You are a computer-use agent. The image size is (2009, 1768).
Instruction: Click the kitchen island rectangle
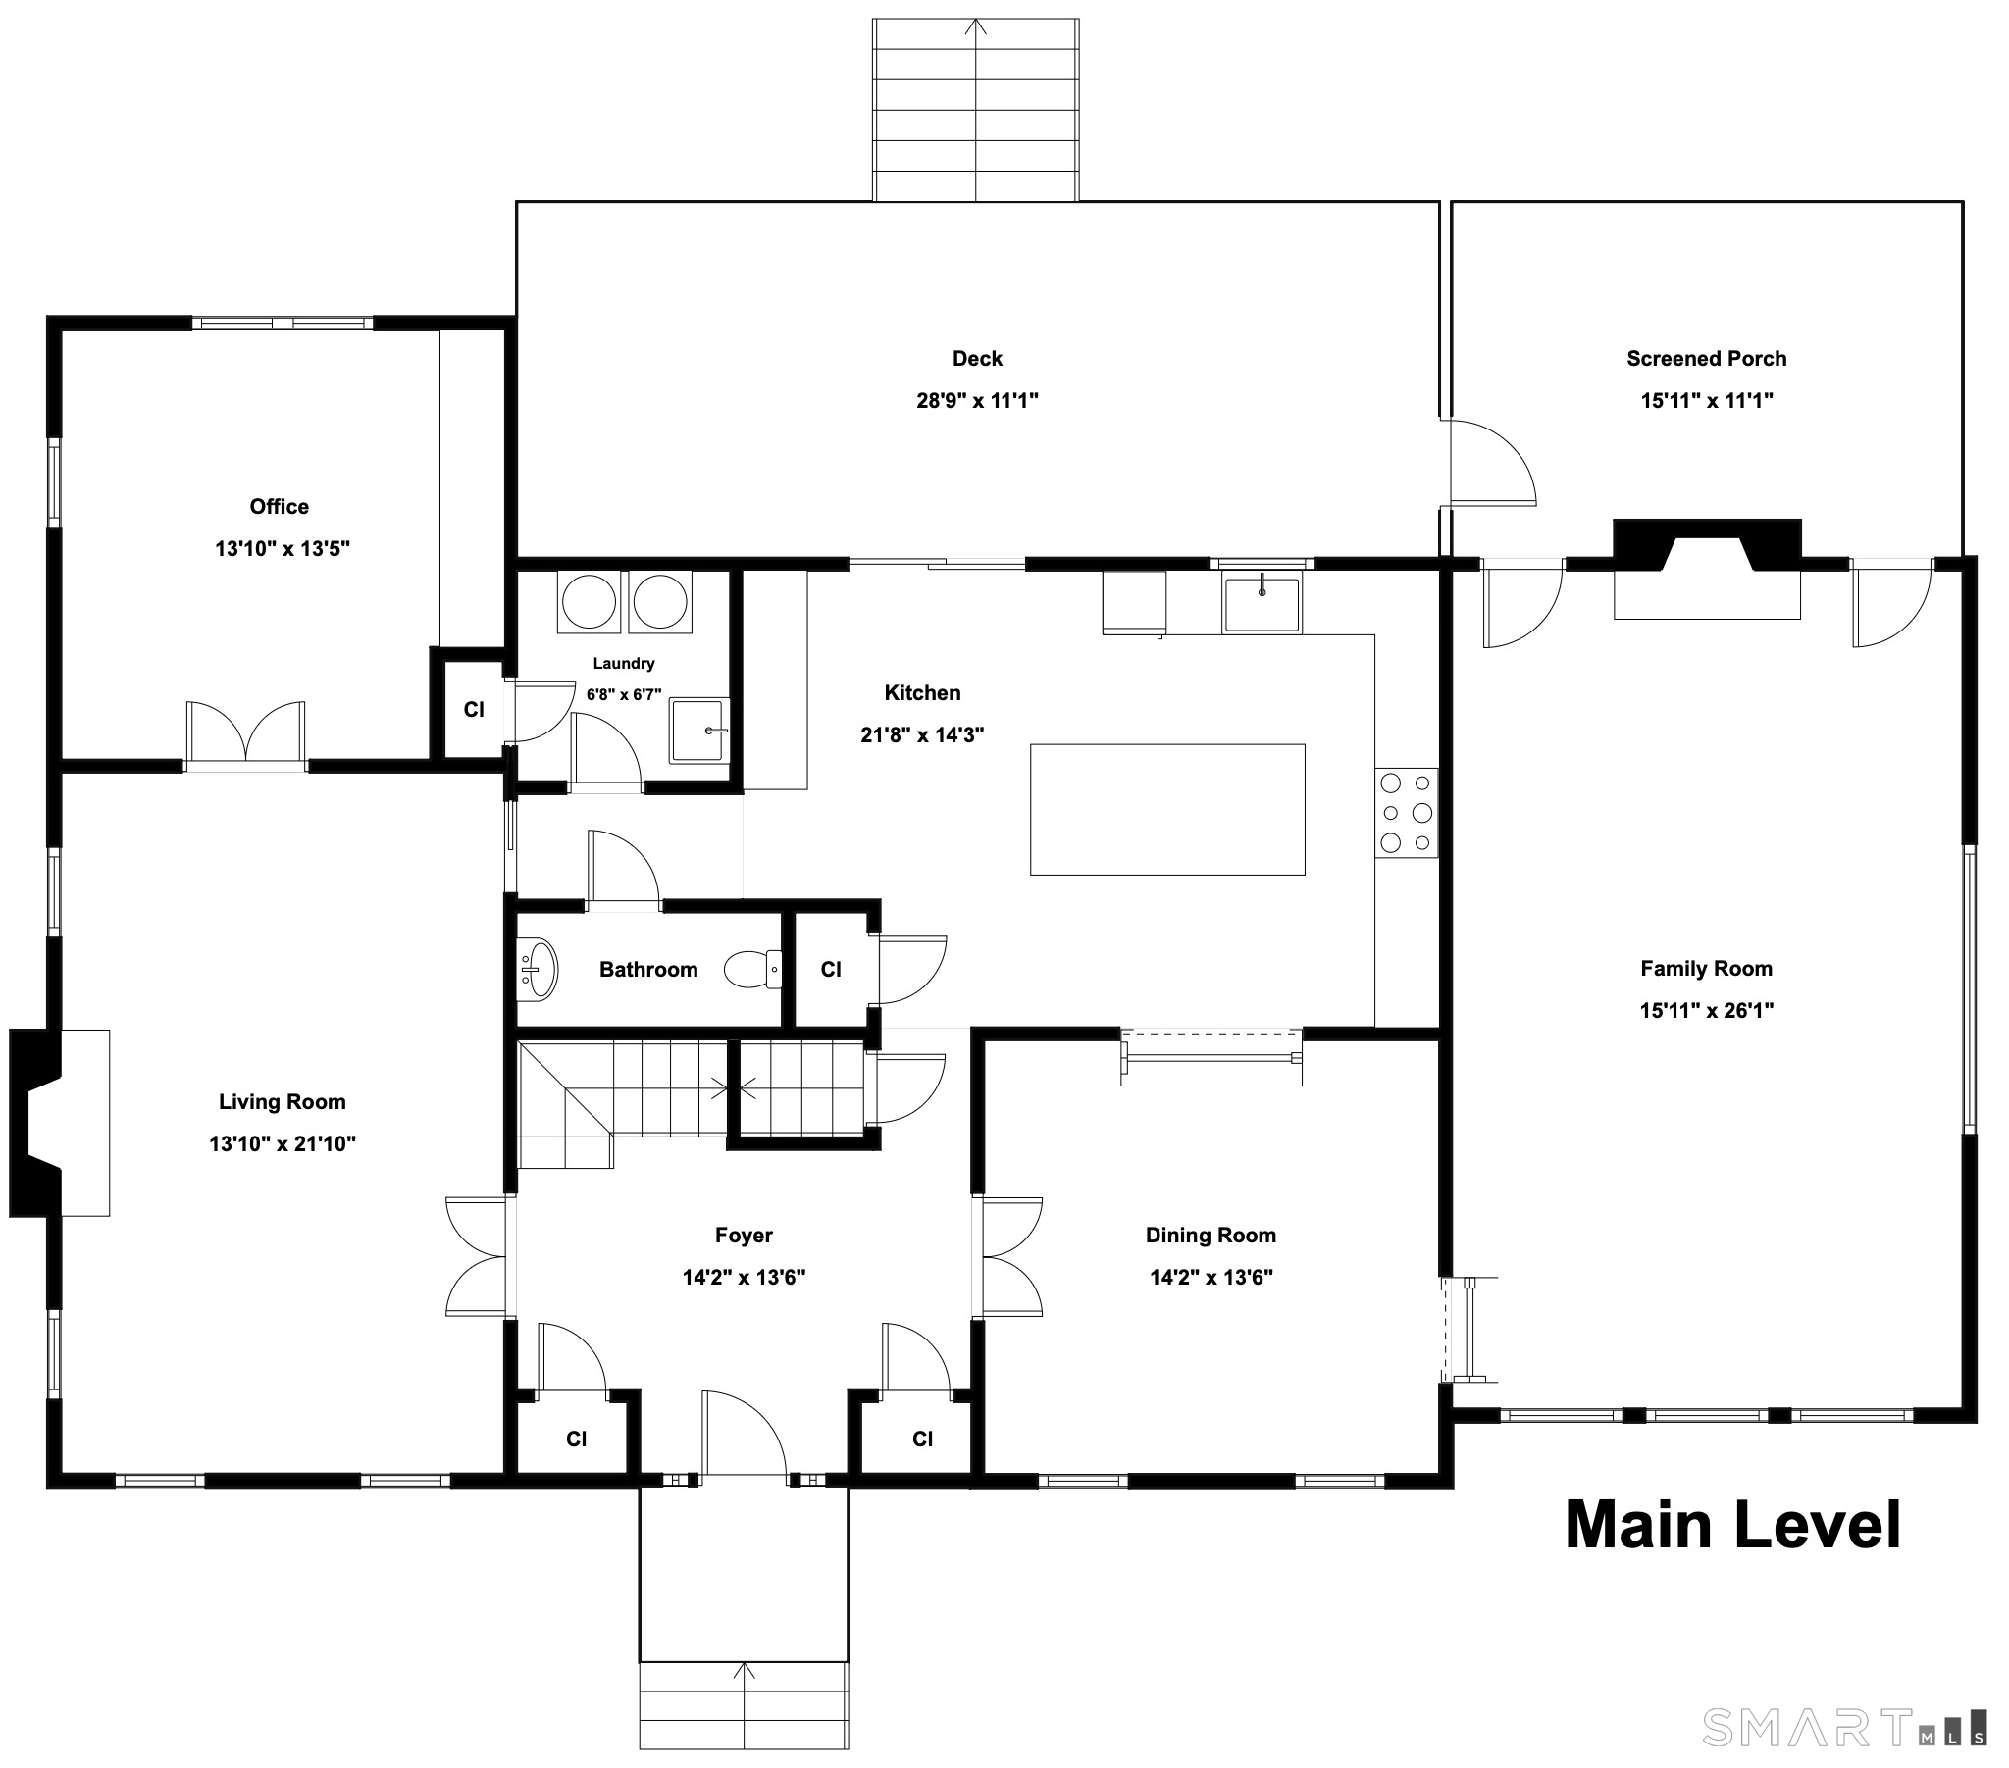coord(1166,809)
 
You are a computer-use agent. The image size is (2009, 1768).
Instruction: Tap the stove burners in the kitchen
coord(1406,812)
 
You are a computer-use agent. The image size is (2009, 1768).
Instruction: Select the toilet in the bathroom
coord(752,969)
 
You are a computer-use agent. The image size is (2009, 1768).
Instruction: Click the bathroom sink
coord(537,969)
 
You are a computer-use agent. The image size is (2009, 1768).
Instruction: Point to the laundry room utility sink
coord(698,731)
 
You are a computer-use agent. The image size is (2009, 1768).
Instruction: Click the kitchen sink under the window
coord(1262,603)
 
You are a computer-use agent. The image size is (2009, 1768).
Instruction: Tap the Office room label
coord(280,506)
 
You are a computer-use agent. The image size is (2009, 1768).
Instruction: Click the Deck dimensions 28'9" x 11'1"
coord(977,400)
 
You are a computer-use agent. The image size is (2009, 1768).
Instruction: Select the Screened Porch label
coord(1706,359)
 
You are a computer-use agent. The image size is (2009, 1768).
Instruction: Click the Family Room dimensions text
coord(1706,1010)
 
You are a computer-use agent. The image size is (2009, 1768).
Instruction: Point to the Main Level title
coord(1732,1524)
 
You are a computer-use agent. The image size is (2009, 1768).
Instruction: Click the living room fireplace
coord(59,1123)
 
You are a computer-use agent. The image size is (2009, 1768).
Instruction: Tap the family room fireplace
coord(1707,569)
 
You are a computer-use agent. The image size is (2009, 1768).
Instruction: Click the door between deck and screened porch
coord(1488,462)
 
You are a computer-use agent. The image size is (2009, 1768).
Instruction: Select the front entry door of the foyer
coord(744,1433)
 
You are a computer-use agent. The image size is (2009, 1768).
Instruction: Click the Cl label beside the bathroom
coord(831,970)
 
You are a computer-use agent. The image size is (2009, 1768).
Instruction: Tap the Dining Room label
coord(1211,1236)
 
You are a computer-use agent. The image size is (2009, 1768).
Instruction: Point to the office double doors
coord(245,732)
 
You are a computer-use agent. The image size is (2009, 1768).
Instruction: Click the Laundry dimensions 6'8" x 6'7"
coord(624,695)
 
